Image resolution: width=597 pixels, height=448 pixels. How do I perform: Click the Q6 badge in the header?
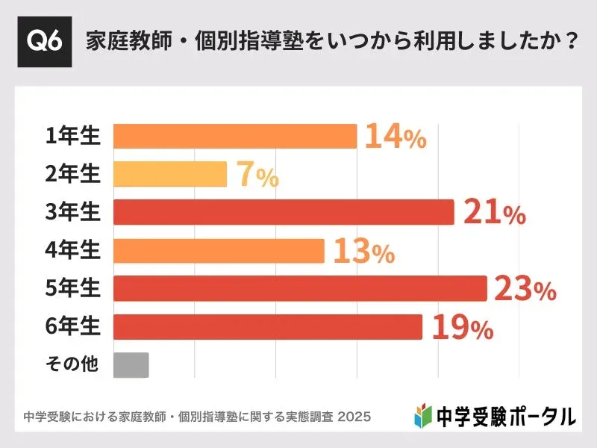coord(45,41)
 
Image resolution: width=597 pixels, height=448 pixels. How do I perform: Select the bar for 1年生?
coord(235,137)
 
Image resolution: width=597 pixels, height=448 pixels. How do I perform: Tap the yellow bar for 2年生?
coord(170,174)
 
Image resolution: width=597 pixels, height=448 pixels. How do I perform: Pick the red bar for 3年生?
coord(284,212)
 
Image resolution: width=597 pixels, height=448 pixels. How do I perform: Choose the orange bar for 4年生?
coord(219,251)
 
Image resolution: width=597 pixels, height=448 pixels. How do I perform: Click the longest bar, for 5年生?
coord(300,288)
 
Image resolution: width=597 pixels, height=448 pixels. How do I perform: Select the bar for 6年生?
coord(268,326)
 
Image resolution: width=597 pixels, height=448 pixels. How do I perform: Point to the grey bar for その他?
coord(131,364)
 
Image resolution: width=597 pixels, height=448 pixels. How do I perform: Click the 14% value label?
coord(396,137)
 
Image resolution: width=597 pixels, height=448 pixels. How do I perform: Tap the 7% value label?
coord(257,175)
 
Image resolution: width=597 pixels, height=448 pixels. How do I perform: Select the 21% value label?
coord(494,213)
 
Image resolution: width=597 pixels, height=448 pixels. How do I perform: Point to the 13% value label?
coord(363,252)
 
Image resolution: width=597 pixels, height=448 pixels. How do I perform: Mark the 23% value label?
coord(525,290)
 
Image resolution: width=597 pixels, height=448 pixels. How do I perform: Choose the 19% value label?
coord(461,327)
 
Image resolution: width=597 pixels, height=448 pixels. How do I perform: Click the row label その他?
coord(72,364)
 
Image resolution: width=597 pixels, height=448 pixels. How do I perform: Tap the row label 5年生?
coord(72,288)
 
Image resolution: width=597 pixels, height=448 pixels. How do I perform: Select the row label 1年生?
coord(72,136)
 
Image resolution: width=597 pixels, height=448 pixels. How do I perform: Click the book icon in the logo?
coord(422,414)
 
